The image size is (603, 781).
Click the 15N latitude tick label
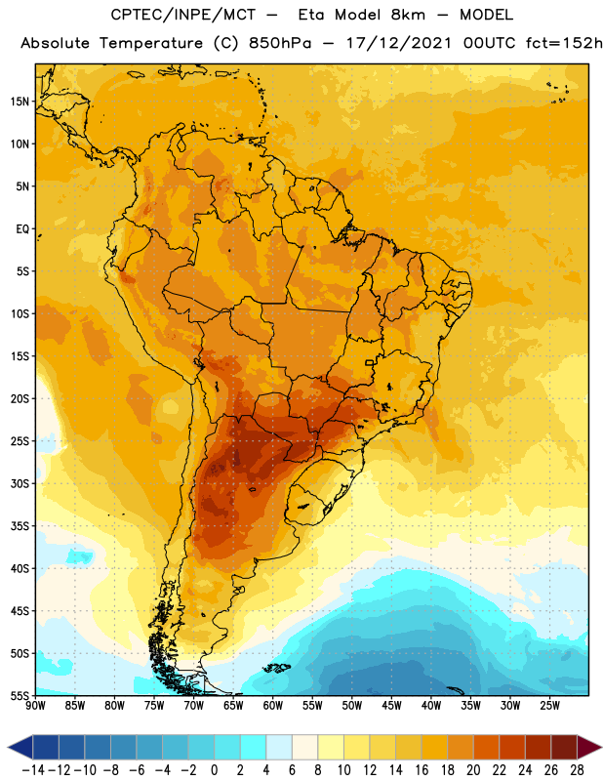(x=20, y=102)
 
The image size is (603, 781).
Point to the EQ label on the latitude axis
(x=22, y=229)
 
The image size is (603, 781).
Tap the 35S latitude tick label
(x=20, y=526)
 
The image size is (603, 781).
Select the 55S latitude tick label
(x=20, y=695)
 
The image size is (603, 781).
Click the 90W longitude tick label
(x=35, y=705)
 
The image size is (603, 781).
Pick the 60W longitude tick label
(x=273, y=705)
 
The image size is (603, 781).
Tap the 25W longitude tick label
(x=549, y=705)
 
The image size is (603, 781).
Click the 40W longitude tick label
(x=431, y=705)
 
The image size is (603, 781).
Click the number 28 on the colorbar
(x=577, y=770)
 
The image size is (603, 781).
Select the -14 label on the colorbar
(x=33, y=770)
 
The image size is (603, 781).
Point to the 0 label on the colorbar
(x=214, y=770)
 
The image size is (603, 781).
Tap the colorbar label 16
(x=422, y=770)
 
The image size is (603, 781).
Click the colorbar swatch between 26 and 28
(x=564, y=747)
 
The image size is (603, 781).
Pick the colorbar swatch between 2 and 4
(x=253, y=747)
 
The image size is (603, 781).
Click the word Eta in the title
(x=310, y=15)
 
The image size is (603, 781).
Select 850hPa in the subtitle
(x=280, y=43)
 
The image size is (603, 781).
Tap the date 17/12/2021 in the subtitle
(x=399, y=43)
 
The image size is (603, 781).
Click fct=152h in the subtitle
(x=564, y=43)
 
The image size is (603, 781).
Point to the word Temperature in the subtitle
(x=151, y=43)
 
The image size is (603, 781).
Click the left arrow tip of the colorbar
(x=8, y=747)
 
